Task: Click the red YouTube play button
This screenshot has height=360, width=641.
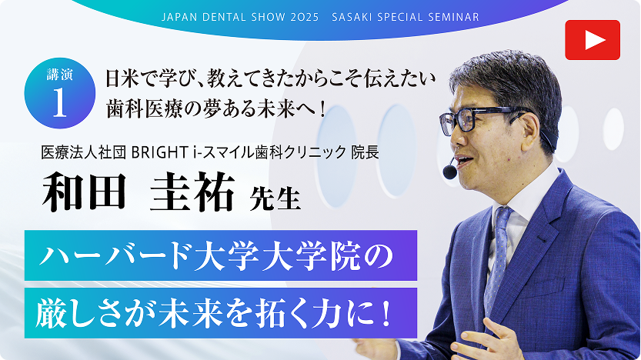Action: [592, 40]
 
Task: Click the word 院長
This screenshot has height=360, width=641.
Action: [365, 152]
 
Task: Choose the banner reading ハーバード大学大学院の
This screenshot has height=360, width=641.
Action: [220, 255]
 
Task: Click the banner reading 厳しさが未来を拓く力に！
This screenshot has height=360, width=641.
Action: [220, 312]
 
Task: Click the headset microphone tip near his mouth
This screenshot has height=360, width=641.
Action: [449, 172]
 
